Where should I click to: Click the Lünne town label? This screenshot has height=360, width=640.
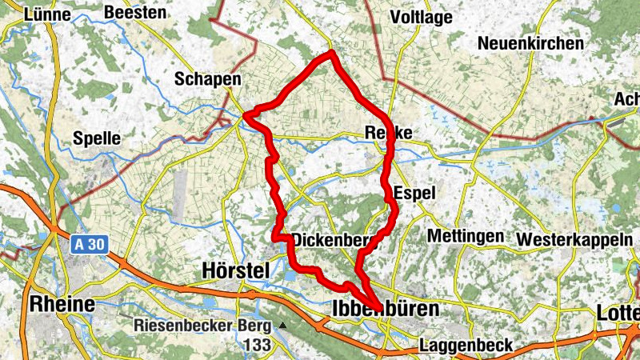click(47, 14)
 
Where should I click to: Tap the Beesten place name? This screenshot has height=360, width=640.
click(135, 13)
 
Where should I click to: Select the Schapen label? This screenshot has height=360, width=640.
click(208, 79)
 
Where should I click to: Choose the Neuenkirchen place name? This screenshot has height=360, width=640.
click(530, 43)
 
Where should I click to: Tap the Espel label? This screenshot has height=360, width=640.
click(415, 193)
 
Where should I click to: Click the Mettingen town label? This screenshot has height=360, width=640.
click(466, 236)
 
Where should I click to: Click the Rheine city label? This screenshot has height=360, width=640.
click(62, 304)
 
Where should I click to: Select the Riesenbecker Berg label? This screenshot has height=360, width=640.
click(204, 326)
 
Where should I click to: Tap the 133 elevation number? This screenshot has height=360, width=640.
click(258, 345)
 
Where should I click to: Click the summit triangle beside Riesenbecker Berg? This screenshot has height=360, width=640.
click(282, 326)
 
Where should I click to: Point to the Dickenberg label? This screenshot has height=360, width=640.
click(334, 239)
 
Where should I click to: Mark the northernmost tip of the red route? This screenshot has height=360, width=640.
click(331, 54)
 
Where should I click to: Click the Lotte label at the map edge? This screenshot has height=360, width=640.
click(618, 312)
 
